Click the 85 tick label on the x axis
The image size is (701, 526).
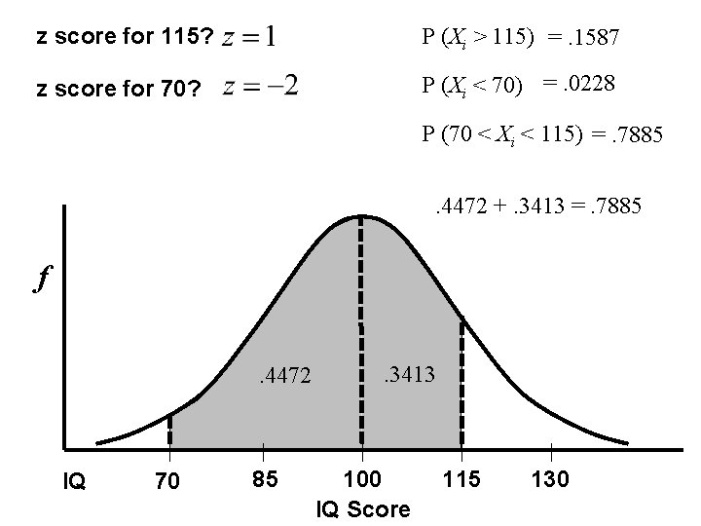click(x=262, y=480)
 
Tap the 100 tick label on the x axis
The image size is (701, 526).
click(x=363, y=480)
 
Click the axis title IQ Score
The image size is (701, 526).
click(x=363, y=509)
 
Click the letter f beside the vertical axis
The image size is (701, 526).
click(x=42, y=281)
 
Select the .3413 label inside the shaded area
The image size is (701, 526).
click(x=408, y=371)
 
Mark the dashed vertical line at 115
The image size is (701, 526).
click(x=461, y=380)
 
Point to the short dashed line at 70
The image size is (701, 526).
click(x=169, y=430)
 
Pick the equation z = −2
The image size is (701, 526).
click(x=260, y=87)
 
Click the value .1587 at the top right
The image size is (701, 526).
click(x=596, y=39)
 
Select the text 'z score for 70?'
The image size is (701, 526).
click(x=118, y=90)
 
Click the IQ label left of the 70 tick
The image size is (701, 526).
click(x=74, y=480)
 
